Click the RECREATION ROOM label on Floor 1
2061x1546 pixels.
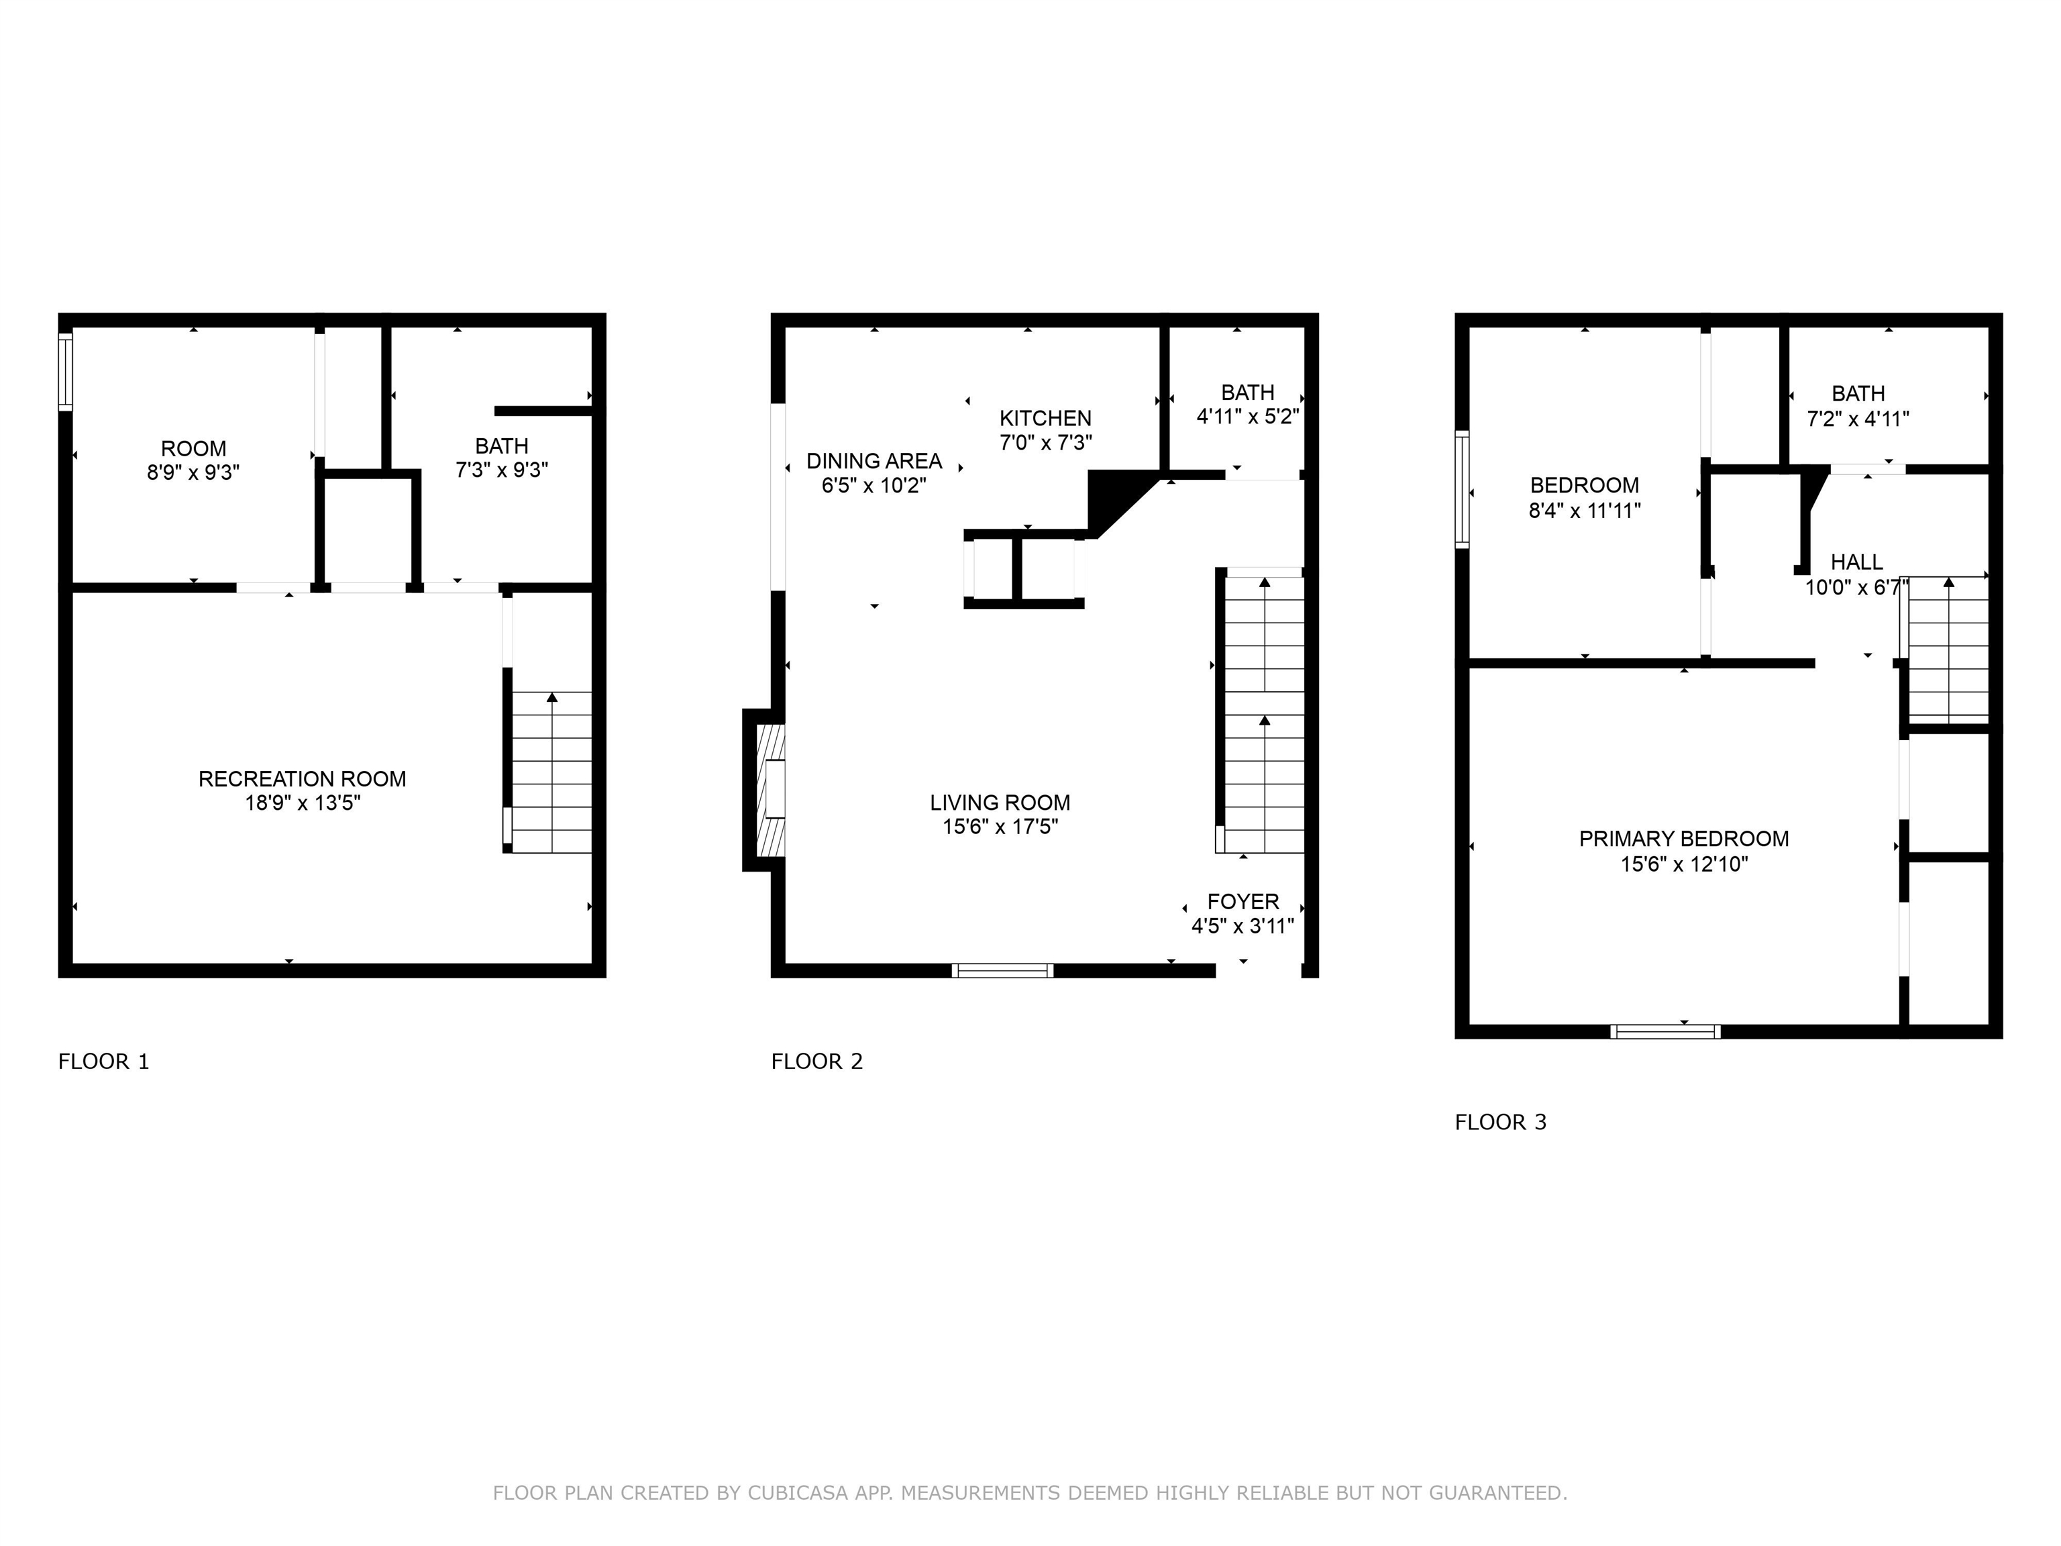pyautogui.click(x=302, y=779)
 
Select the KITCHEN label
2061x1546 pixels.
pyautogui.click(x=1045, y=419)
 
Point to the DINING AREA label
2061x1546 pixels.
pyautogui.click(x=874, y=461)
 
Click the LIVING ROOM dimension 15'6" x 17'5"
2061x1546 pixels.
pyautogui.click(x=1000, y=827)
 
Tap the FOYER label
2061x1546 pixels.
pyautogui.click(x=1243, y=901)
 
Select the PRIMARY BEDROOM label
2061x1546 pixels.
pyautogui.click(x=1684, y=839)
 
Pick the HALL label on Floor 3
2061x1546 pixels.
pyautogui.click(x=1857, y=562)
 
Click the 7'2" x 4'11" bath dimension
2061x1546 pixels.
pyautogui.click(x=1858, y=419)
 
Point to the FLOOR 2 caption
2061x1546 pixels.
pyautogui.click(x=817, y=1062)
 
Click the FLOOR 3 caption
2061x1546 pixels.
pyautogui.click(x=1500, y=1122)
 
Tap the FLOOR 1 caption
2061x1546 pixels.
pyautogui.click(x=103, y=1062)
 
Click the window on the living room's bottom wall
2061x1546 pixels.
pyautogui.click(x=1002, y=970)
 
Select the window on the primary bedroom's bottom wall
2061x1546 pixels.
pyautogui.click(x=1665, y=1031)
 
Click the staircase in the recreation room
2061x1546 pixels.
pyautogui.click(x=551, y=772)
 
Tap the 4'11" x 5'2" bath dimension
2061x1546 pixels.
pyautogui.click(x=1248, y=417)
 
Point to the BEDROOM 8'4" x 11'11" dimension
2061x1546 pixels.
pyautogui.click(x=1584, y=511)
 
